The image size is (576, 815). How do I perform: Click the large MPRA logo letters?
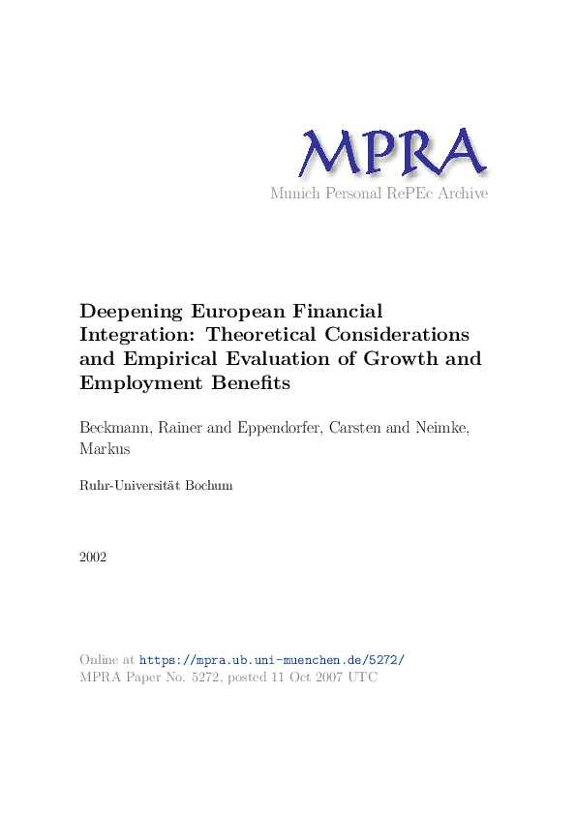(390, 153)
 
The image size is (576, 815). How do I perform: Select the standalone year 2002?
(94, 558)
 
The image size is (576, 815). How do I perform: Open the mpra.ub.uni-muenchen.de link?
(272, 659)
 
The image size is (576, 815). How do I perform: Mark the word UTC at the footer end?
(361, 678)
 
